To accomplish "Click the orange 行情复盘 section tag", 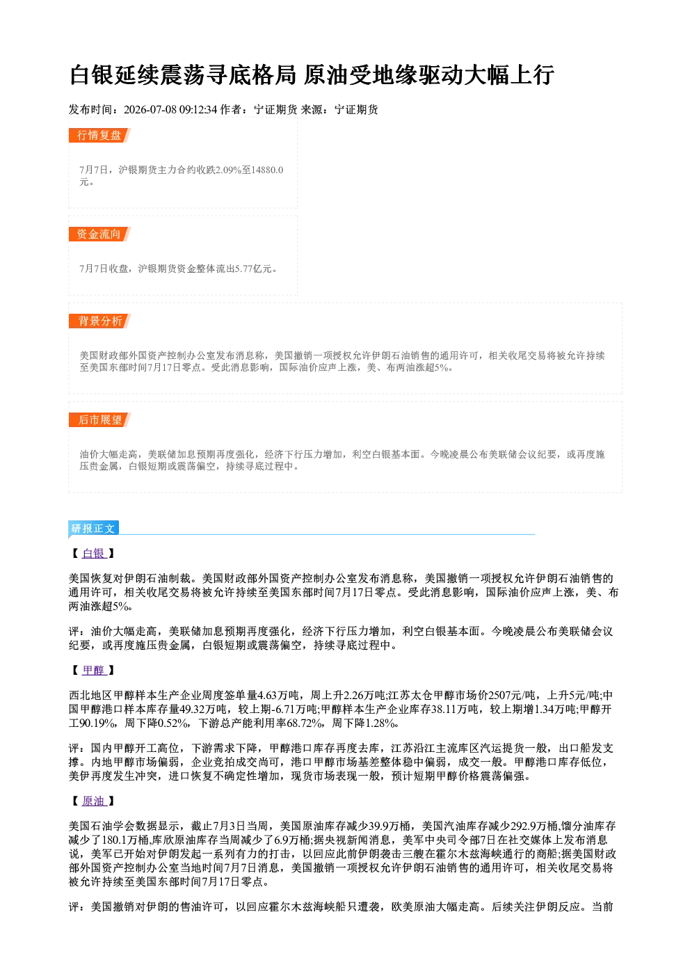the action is [x=99, y=135].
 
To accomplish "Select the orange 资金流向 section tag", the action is [x=99, y=234].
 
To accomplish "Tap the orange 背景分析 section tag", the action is [x=99, y=321].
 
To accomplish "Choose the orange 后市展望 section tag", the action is [x=99, y=420].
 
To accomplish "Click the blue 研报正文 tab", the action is [x=93, y=528].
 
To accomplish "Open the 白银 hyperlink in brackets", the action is [x=93, y=553].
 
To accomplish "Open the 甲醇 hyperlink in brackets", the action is [x=93, y=670].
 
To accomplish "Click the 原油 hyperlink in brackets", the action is [x=93, y=801].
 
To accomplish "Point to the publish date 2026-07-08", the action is [x=150, y=109].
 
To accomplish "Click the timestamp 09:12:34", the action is [x=198, y=109].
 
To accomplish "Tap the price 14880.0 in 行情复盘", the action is [x=267, y=170].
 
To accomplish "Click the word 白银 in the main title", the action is [x=92, y=75].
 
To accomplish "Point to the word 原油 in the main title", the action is [x=326, y=75].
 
